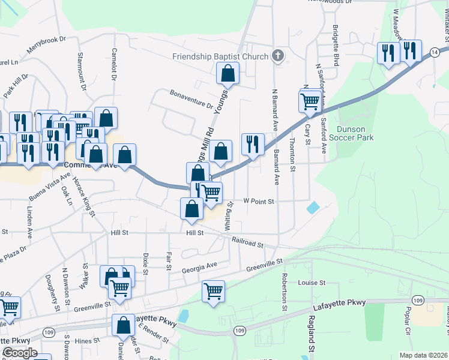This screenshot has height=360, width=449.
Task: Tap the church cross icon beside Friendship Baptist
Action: [x=277, y=56]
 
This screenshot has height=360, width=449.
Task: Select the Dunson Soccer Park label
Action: [x=355, y=133]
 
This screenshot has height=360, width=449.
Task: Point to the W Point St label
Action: [x=258, y=202]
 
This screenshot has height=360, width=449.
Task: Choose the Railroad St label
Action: [x=248, y=242]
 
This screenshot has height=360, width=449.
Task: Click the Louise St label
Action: [x=312, y=282]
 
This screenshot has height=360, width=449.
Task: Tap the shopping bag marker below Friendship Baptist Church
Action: [x=228, y=74]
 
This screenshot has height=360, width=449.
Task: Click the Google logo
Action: [x=19, y=353]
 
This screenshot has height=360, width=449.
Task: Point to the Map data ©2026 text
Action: [x=424, y=355]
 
